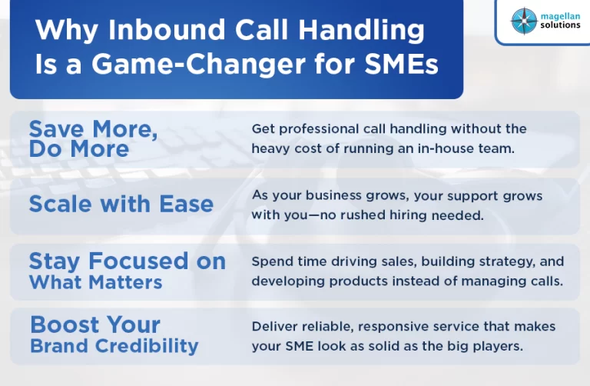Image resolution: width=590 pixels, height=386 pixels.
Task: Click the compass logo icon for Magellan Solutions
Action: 524,21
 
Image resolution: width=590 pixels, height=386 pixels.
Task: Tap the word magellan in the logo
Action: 560,17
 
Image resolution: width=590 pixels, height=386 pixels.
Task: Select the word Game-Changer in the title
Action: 198,64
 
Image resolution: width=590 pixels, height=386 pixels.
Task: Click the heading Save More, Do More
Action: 93,139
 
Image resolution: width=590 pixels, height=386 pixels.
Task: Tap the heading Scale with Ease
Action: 121,204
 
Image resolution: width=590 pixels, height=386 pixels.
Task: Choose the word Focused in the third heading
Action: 138,261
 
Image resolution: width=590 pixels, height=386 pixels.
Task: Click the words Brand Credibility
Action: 114,346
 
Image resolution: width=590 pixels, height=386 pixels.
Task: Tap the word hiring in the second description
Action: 408,215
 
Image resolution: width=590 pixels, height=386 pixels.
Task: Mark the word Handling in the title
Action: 361,29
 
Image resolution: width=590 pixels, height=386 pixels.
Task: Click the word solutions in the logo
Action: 560,25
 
